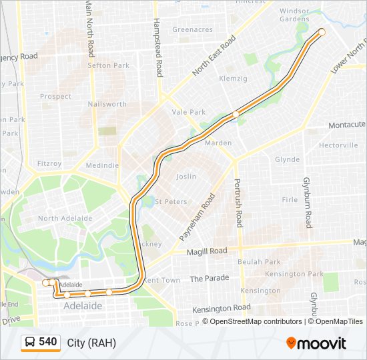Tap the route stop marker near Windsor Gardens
click(322, 32)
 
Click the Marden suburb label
click(218, 143)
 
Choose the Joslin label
click(186, 177)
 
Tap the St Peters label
click(171, 201)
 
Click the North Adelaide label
click(65, 218)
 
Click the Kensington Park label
click(294, 274)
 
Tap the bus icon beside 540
click(30, 343)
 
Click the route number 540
click(47, 342)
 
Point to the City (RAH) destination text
click(91, 343)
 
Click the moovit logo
click(316, 343)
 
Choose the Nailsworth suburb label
click(107, 104)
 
